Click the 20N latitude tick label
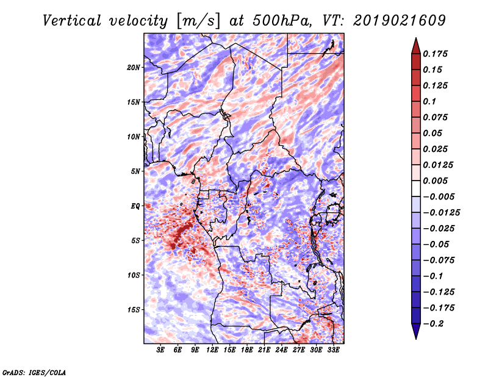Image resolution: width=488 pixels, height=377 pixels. [134, 67]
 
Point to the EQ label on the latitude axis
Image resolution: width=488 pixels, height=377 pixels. [135, 206]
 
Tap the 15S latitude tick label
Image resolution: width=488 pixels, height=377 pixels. [134, 310]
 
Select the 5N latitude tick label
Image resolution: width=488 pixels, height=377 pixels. [135, 171]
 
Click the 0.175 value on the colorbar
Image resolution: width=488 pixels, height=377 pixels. [436, 54]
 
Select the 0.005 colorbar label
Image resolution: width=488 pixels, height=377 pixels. [436, 181]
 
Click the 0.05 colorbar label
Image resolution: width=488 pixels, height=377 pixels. [434, 133]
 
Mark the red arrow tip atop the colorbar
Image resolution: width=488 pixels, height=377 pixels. [415, 41]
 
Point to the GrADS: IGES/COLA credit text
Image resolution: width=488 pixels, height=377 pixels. [34, 372]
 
